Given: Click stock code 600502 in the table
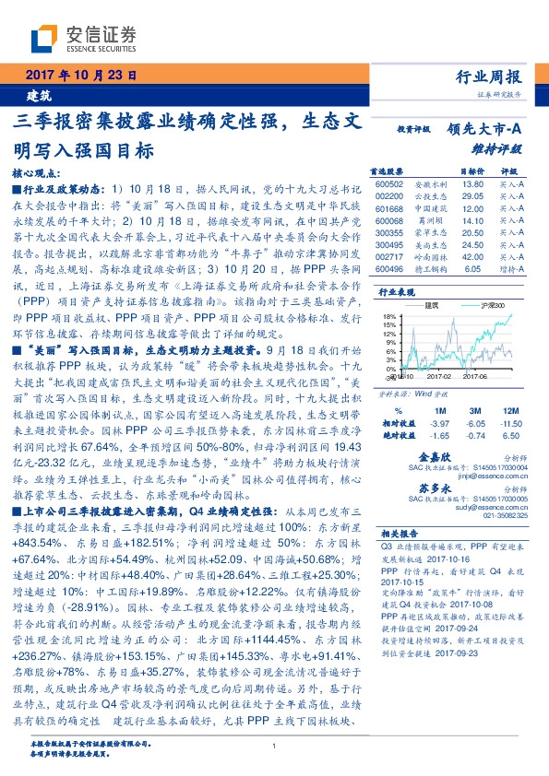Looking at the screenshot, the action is point(391,185).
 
